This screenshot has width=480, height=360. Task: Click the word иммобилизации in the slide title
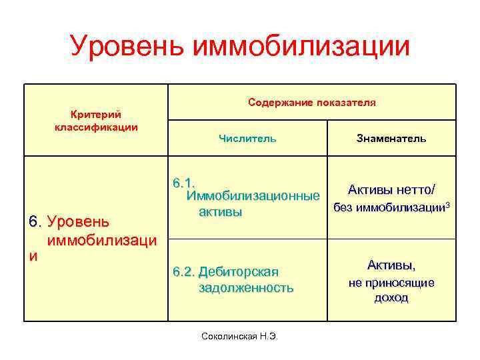[301, 46]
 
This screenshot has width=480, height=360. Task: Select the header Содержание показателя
[311, 103]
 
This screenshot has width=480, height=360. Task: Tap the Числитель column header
[247, 139]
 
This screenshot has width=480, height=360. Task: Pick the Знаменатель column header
[391, 139]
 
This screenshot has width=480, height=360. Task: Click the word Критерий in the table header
[95, 115]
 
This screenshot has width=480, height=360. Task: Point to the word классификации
[96, 127]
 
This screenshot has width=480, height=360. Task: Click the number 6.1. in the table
[183, 183]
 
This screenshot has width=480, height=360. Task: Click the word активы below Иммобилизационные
[219, 212]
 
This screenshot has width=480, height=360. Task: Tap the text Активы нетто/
[391, 189]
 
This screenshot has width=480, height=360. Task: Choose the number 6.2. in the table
[184, 271]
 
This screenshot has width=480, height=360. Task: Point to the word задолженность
[246, 288]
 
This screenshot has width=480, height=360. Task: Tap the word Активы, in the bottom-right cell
[391, 265]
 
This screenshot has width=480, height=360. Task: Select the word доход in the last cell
[391, 298]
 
